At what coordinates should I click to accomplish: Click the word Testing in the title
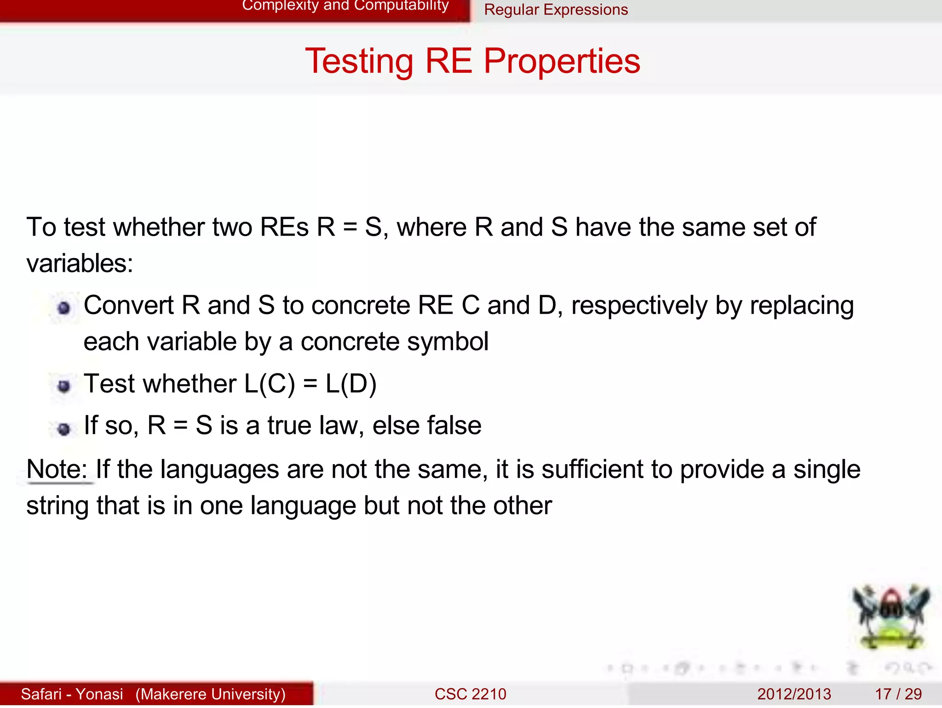(x=359, y=61)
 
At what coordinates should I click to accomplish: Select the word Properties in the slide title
(x=562, y=61)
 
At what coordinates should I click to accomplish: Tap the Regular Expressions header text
(x=556, y=10)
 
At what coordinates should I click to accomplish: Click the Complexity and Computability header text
(x=345, y=6)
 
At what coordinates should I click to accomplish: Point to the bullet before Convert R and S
(x=64, y=308)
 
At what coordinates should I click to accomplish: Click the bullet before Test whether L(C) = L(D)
(x=64, y=386)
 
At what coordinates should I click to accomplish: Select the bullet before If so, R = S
(x=64, y=429)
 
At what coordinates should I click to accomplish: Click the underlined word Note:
(x=57, y=470)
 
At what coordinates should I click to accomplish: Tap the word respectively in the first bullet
(x=639, y=306)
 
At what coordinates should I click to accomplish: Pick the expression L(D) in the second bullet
(x=351, y=384)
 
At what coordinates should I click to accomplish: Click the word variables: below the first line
(x=80, y=264)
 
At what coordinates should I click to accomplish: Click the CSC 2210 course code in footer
(x=470, y=694)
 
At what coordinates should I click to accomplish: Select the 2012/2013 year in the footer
(x=794, y=694)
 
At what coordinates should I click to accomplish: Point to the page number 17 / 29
(x=898, y=694)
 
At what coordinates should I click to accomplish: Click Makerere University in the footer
(x=210, y=694)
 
